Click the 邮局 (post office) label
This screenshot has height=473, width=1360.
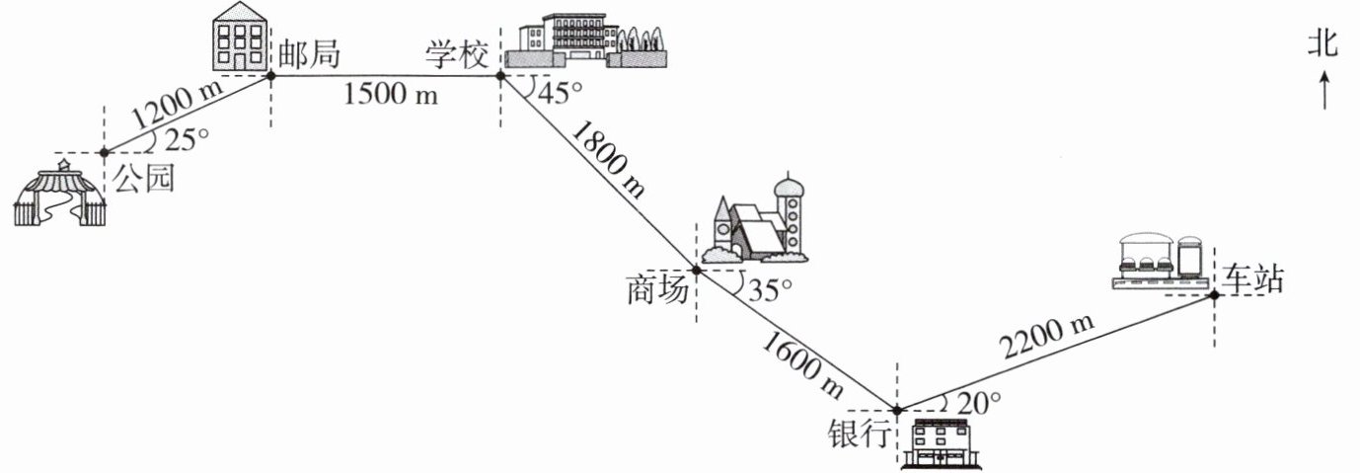[x=310, y=54]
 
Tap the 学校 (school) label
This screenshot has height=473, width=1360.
[x=457, y=54]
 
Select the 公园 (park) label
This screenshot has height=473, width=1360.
[x=144, y=181]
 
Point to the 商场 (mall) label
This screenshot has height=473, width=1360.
[x=656, y=291]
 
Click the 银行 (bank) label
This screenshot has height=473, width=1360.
[x=860, y=434]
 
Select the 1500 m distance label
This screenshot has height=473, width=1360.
[x=390, y=95]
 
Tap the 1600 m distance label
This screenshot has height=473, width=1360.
[x=803, y=368]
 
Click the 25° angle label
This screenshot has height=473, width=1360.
[x=187, y=140]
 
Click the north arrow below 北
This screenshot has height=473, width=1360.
[x=1323, y=93]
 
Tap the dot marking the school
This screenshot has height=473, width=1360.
[x=500, y=74]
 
